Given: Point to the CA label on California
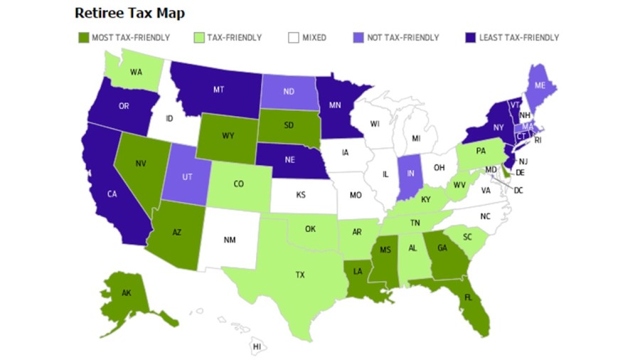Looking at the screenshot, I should coord(112,194).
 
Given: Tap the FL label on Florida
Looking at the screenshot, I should coord(469,299).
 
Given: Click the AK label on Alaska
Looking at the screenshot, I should coord(127,292).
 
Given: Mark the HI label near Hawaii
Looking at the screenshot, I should coord(257,346).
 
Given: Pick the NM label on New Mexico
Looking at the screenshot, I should coord(230,240).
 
